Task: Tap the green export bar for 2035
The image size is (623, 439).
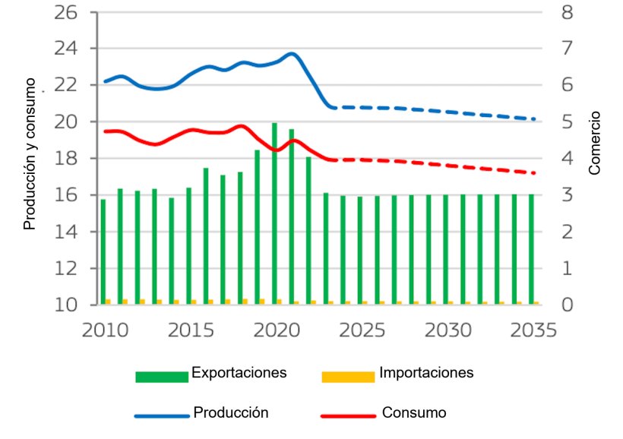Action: [532, 250]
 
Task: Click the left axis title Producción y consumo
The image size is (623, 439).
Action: [30, 153]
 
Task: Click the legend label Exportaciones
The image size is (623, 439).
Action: [239, 373]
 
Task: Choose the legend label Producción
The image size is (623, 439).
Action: [231, 412]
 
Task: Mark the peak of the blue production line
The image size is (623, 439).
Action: [292, 54]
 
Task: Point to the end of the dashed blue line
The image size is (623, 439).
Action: [534, 119]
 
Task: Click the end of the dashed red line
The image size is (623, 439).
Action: [534, 173]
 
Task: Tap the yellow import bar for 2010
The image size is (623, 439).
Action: [109, 302]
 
